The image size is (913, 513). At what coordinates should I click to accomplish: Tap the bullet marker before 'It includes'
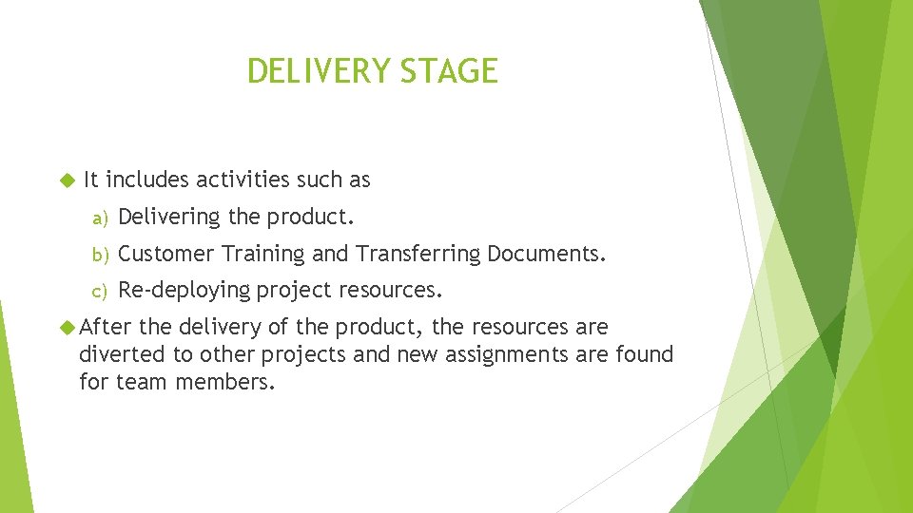[x=66, y=180]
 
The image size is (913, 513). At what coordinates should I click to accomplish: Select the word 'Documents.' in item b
[x=547, y=254]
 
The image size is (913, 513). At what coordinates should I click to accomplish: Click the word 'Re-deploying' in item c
[x=184, y=290]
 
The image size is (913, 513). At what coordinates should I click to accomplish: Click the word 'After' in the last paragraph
[x=106, y=328]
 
